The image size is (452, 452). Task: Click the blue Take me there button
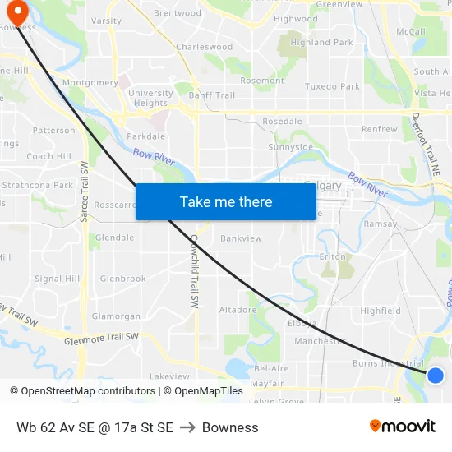[x=226, y=201]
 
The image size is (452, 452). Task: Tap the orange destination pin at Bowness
[x=17, y=11]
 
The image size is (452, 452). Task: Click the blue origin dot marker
[x=436, y=376]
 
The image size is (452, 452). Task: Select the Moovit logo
[x=403, y=427]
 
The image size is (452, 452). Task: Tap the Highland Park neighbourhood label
[x=321, y=43]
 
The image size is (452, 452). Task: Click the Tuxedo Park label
[x=332, y=86]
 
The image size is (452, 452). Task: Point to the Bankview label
[x=241, y=238]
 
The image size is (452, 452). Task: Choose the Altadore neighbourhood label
[x=238, y=310]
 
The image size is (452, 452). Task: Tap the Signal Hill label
[x=57, y=279]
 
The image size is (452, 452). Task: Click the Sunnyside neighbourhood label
[x=290, y=147]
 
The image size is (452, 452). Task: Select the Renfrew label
[x=379, y=129]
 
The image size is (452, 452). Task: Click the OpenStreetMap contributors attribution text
[x=89, y=391]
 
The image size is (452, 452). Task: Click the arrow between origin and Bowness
[x=187, y=427]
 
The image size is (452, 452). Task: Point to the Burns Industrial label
[x=388, y=362]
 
